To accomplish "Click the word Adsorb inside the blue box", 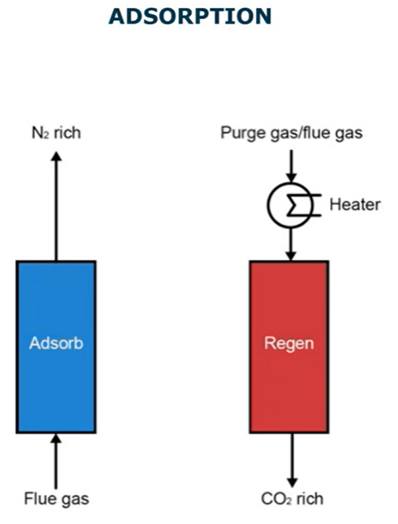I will [56, 343].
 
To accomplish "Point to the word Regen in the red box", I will [289, 343].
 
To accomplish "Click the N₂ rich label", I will [56, 133].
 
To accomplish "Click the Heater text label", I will [355, 204].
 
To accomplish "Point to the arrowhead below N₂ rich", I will [56, 156].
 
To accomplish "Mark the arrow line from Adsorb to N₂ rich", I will [56, 210].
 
